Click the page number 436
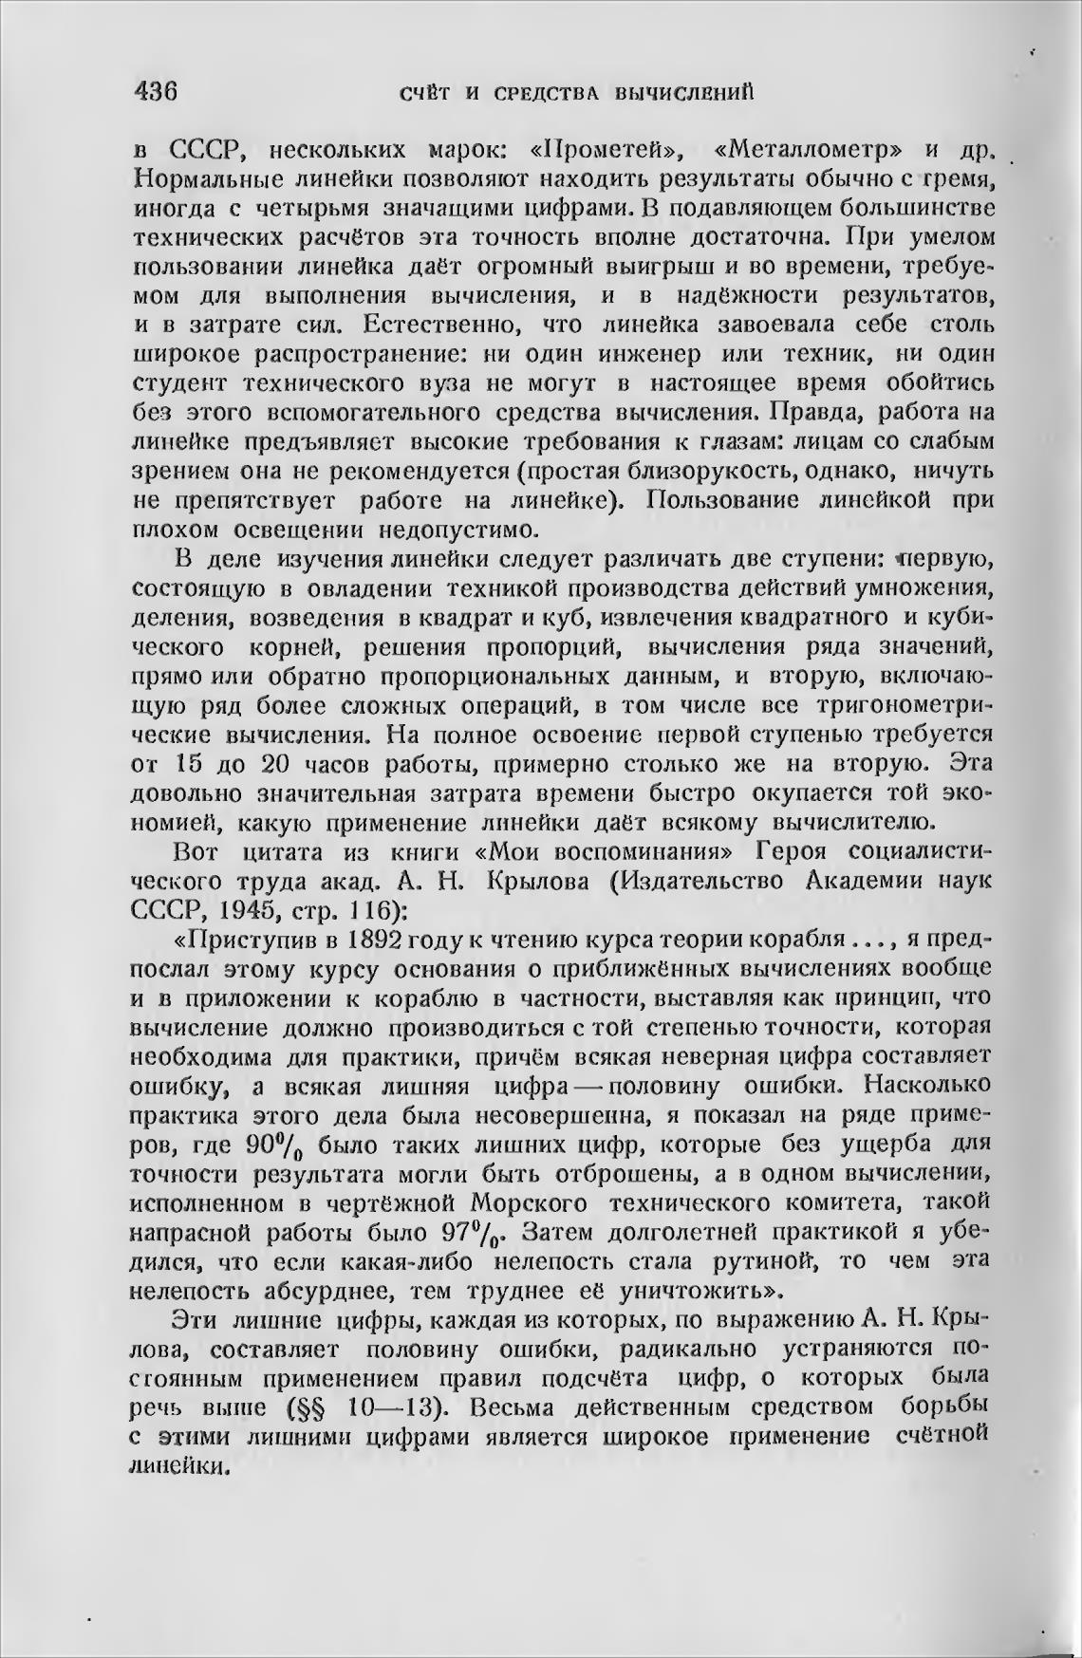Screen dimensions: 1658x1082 157,92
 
